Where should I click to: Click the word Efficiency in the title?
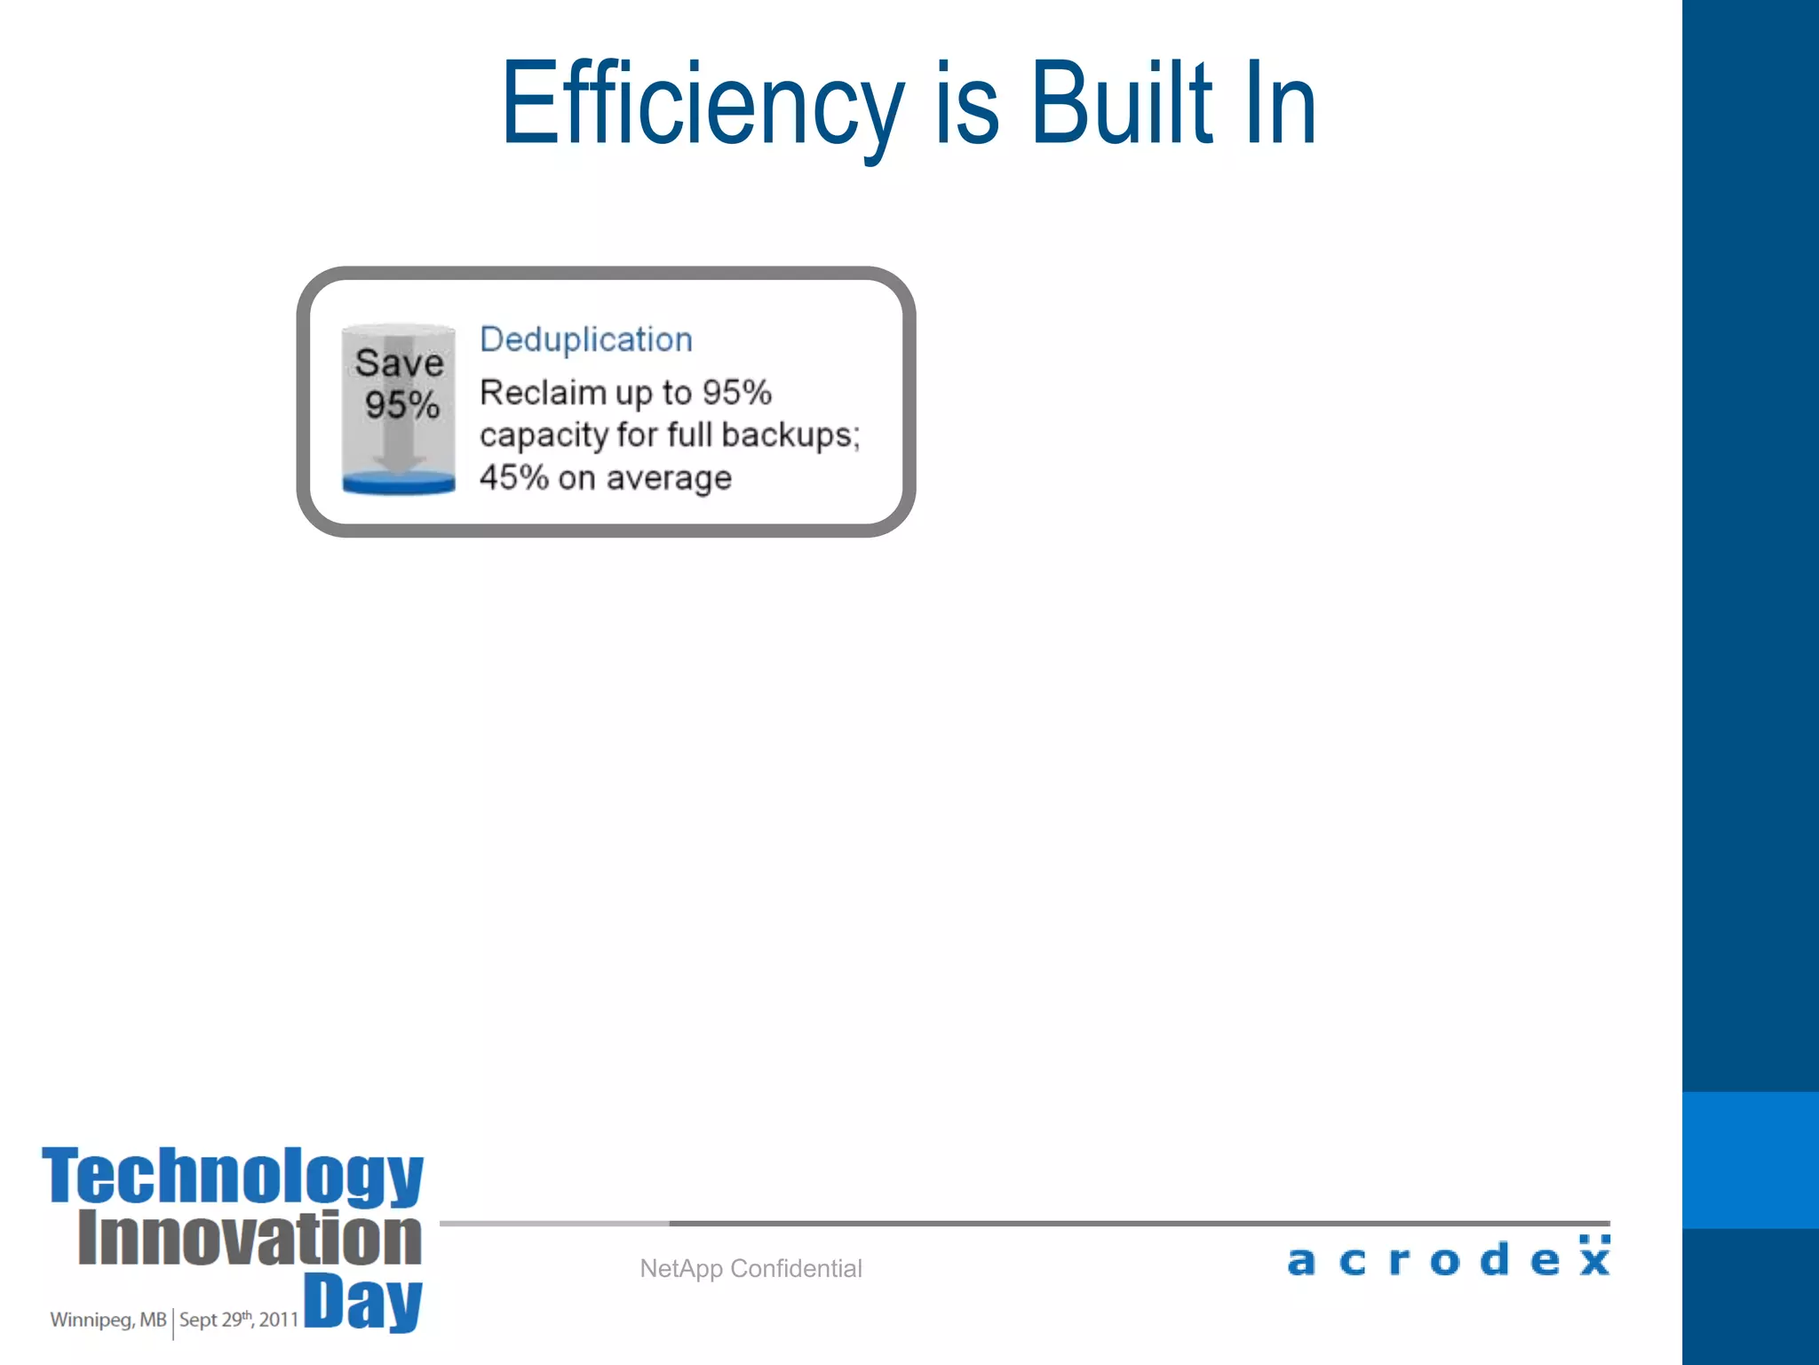coord(702,105)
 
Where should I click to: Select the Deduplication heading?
coord(585,339)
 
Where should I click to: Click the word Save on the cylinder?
coord(399,363)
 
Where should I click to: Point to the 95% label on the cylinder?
coord(402,405)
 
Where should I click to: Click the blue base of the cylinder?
coord(399,483)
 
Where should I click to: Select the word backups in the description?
coord(790,435)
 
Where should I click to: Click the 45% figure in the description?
coord(513,477)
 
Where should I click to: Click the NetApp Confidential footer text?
coord(751,1268)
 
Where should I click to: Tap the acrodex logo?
coord(1448,1258)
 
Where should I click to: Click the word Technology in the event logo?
coord(233,1175)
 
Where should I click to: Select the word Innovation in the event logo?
coord(250,1238)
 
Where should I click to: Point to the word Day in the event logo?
coord(362,1301)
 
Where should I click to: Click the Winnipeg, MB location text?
coord(107,1320)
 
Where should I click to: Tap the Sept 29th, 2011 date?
coord(238,1320)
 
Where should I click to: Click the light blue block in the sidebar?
coord(1750,1160)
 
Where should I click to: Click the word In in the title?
coord(1279,105)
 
